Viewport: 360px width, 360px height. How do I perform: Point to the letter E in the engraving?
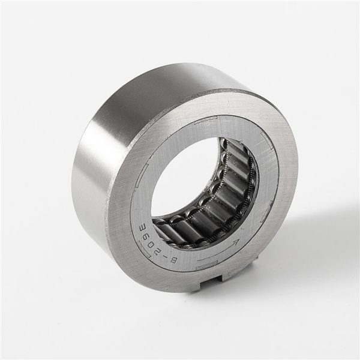pyautogui.click(x=142, y=229)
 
